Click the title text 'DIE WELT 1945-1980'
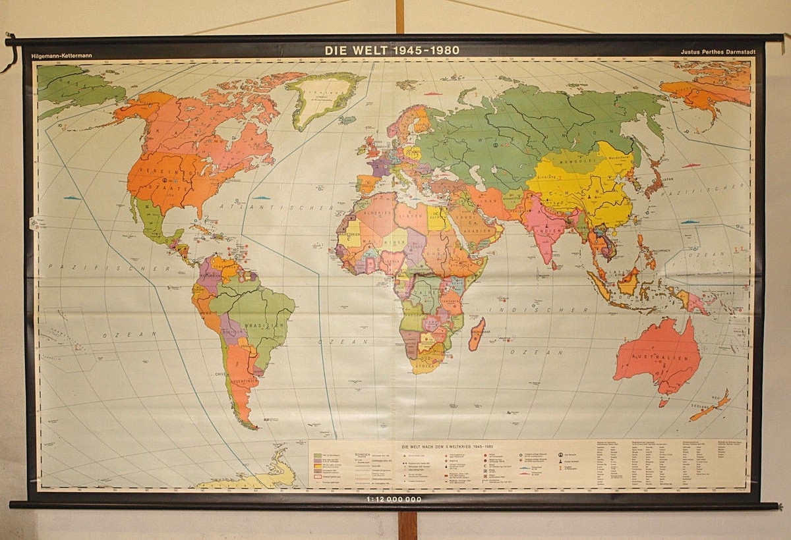click(x=392, y=50)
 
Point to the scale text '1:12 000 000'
click(x=392, y=499)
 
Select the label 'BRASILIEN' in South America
click(x=272, y=325)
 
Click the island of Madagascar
click(x=476, y=334)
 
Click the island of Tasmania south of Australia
click(x=663, y=403)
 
